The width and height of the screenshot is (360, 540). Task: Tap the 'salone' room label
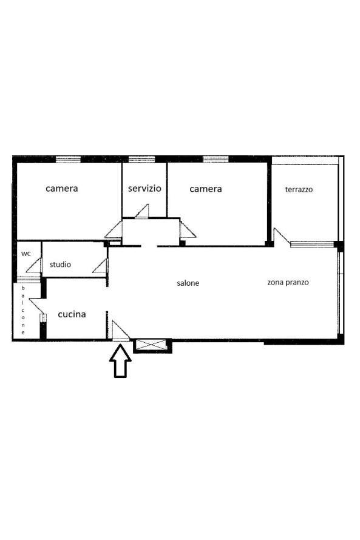[x=188, y=283]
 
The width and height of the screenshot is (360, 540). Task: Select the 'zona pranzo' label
[x=288, y=282]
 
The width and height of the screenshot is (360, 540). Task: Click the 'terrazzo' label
[x=299, y=189]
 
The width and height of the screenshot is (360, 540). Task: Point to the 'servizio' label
[x=144, y=188]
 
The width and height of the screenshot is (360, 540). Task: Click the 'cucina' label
[x=72, y=314]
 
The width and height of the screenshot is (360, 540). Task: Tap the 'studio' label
[x=60, y=265]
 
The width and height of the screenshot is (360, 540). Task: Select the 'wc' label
[x=26, y=254]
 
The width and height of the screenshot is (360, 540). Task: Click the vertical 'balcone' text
[x=23, y=310]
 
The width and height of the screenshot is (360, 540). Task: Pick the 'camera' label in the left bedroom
[x=62, y=188]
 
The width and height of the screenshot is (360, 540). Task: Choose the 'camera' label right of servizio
[x=206, y=189]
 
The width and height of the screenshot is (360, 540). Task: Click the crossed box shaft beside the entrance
[x=152, y=345]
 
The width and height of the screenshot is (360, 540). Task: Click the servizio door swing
[x=142, y=211]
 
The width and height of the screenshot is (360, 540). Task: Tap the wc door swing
[x=34, y=266]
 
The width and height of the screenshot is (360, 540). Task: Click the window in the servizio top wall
[x=141, y=159]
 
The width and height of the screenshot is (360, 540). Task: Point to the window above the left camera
[x=68, y=159]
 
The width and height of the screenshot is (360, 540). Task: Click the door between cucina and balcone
[x=37, y=306]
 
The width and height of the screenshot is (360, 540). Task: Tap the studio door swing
[x=100, y=266]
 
